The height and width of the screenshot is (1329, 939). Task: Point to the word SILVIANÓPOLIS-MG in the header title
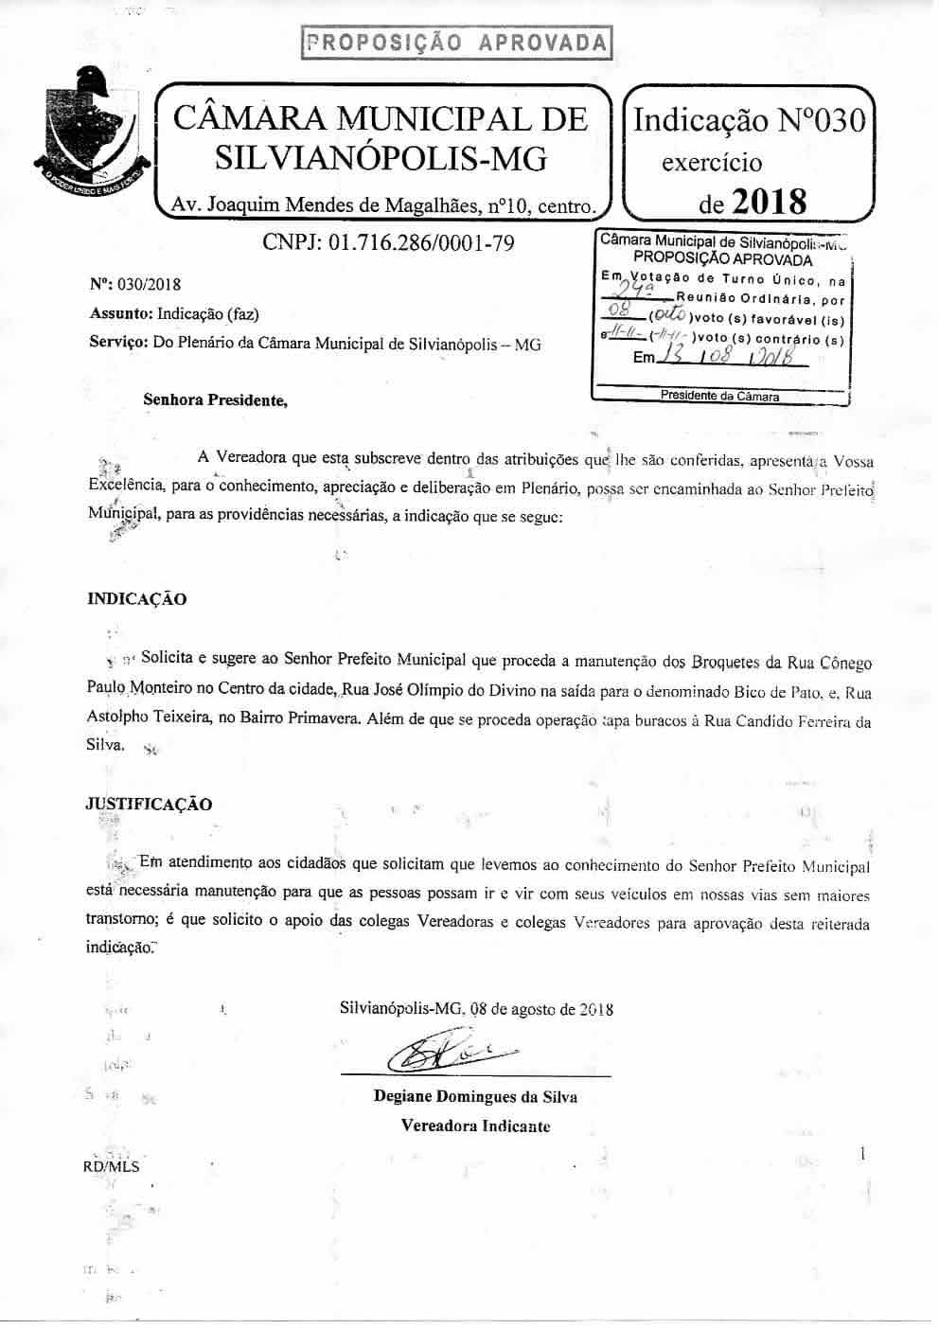tap(381, 157)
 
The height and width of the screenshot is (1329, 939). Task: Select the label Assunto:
tap(120, 313)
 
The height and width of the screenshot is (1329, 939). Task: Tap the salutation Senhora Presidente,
tap(214, 399)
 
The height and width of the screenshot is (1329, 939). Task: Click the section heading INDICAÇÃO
tap(137, 599)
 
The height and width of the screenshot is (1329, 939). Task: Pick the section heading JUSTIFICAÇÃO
tap(149, 805)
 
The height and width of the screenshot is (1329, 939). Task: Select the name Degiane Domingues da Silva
tap(475, 1097)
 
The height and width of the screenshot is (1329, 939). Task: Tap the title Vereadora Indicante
tap(475, 1126)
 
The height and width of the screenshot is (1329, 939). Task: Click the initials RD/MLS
tap(111, 1166)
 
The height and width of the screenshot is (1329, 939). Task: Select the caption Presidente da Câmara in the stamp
tap(720, 397)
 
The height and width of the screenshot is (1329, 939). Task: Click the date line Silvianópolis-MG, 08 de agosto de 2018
tap(476, 1009)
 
